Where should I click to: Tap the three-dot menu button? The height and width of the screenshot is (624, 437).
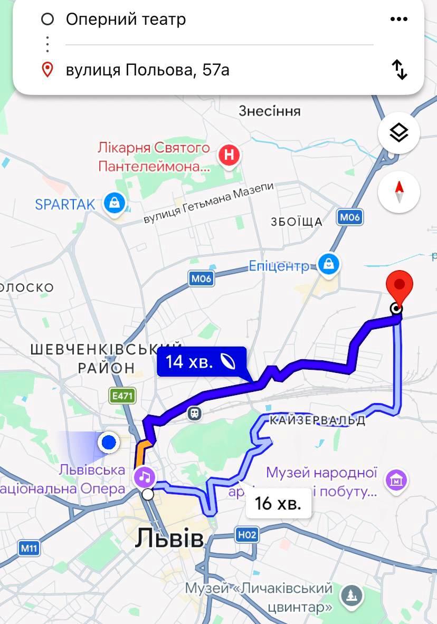click(399, 20)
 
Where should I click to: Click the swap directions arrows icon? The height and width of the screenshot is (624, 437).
click(400, 70)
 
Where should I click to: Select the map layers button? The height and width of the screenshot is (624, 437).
click(399, 133)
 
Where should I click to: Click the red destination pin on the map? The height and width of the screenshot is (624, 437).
click(399, 288)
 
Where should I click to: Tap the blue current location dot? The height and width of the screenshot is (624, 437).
click(109, 443)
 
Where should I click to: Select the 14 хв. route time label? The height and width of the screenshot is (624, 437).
click(201, 362)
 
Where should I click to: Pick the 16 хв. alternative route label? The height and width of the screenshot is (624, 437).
click(278, 503)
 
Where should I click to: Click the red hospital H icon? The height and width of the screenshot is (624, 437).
click(229, 156)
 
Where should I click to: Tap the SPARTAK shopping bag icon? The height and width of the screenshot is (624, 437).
click(114, 203)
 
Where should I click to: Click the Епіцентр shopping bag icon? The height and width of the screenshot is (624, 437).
click(329, 263)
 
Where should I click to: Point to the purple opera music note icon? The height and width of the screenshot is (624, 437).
click(145, 477)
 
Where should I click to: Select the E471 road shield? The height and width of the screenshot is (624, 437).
click(122, 396)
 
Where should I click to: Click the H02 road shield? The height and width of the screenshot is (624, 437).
click(246, 535)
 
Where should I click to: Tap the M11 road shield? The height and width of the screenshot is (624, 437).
click(29, 548)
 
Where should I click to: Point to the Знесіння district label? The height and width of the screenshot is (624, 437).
click(270, 111)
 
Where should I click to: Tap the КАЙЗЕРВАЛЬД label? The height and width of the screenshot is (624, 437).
click(317, 420)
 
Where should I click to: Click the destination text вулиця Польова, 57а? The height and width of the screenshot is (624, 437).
click(148, 70)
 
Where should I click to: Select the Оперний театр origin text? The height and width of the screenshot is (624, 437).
click(126, 20)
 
